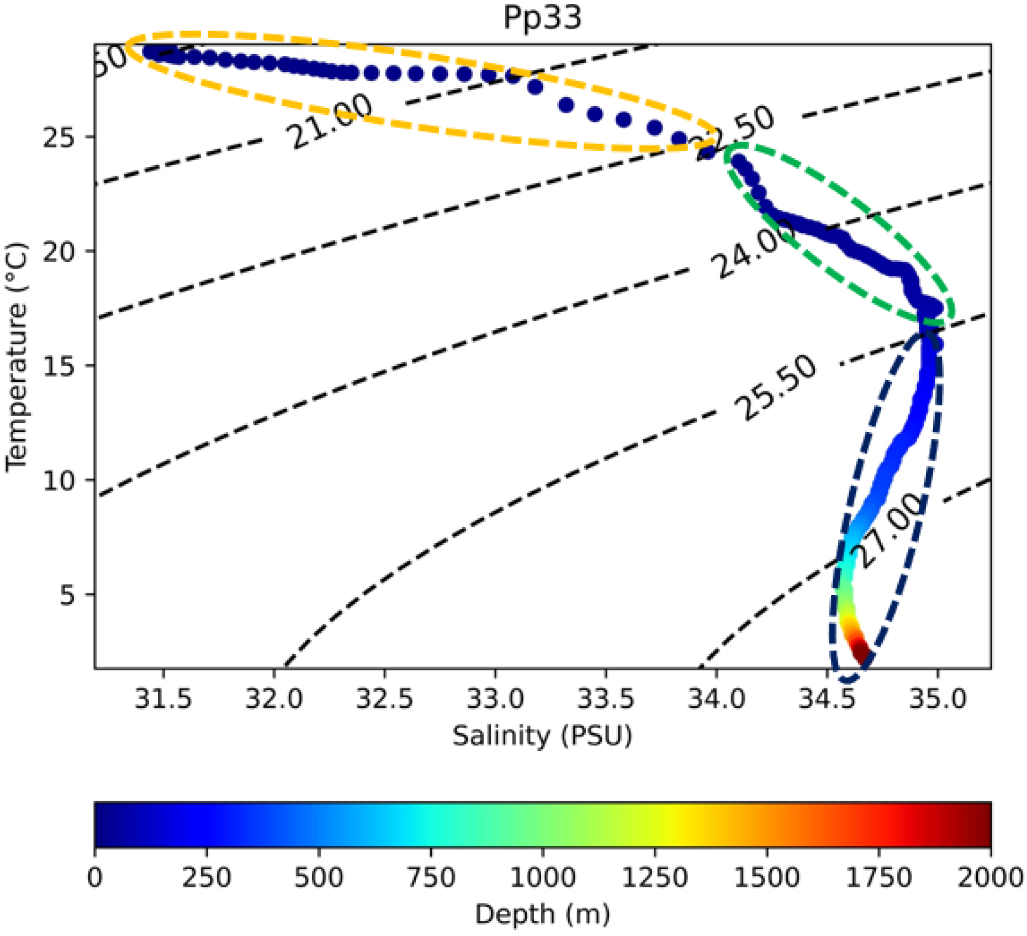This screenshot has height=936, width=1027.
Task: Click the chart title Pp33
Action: coord(542,17)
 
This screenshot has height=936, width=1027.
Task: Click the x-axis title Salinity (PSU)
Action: coord(542,735)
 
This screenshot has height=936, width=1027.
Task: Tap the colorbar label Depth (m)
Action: coord(542,914)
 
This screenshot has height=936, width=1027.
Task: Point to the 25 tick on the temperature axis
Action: coord(59,137)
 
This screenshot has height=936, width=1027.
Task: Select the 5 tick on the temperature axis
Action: coord(67,595)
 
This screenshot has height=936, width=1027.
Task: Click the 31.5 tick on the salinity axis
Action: coord(163,700)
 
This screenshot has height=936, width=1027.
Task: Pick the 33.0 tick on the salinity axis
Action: coord(495,700)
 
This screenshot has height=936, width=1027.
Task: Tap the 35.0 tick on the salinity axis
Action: coord(938,700)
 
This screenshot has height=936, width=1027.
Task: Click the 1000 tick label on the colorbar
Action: coord(543,878)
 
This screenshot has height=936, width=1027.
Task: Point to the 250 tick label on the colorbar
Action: coord(207,878)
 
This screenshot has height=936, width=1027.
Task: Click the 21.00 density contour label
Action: coord(330,122)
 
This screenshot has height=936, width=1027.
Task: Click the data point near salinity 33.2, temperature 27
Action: coord(534,87)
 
